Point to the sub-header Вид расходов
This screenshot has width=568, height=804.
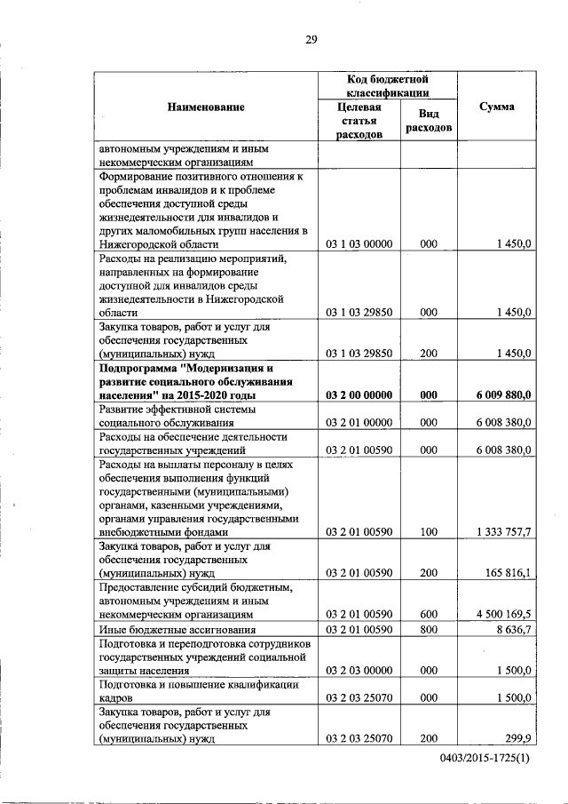428,121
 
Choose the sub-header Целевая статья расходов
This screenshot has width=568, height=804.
359,121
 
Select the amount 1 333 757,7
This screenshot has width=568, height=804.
503,532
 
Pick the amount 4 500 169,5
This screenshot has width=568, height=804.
503,614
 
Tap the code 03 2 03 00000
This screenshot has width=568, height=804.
359,671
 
